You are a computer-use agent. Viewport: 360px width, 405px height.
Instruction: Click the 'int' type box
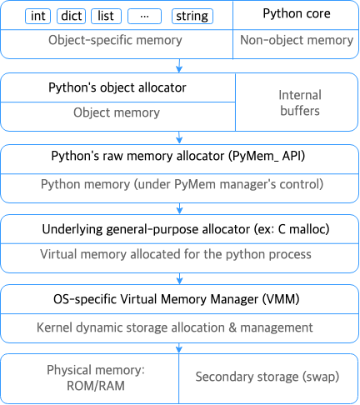coord(38,16)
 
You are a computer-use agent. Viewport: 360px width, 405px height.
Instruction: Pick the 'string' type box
coord(192,16)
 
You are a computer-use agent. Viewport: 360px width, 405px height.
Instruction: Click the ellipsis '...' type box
coord(144,16)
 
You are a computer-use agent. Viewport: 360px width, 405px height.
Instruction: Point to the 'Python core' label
coord(296,14)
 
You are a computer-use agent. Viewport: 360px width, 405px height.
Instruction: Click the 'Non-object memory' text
coord(296,40)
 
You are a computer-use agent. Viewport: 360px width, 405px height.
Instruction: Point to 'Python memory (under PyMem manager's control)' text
coord(181,183)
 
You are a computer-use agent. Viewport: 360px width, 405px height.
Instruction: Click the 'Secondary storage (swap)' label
coord(267,377)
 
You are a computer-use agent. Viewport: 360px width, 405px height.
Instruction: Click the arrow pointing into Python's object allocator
coord(180,66)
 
